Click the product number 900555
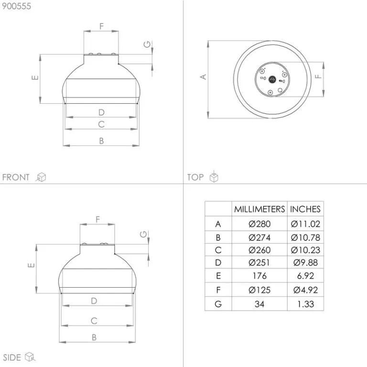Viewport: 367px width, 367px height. tap(16, 6)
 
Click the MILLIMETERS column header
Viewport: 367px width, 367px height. tap(259, 209)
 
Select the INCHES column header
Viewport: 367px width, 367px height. tap(305, 209)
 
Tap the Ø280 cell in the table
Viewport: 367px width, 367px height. tap(259, 224)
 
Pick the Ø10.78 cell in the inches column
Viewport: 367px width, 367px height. tap(305, 237)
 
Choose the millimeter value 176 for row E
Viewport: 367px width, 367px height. tap(259, 276)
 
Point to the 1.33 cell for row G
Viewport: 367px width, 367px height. tap(305, 304)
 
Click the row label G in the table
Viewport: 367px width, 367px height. tap(218, 304)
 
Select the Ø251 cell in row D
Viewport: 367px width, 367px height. tap(259, 263)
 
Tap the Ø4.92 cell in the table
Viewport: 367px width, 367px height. tap(305, 290)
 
